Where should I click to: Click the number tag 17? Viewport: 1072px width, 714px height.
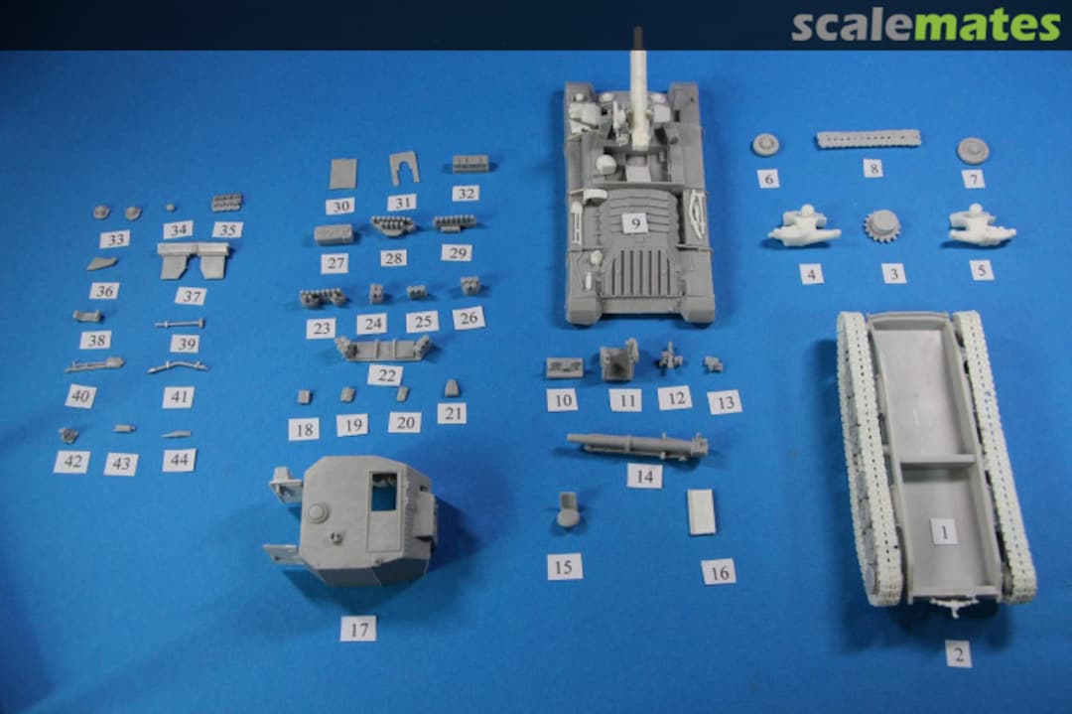[x=359, y=629]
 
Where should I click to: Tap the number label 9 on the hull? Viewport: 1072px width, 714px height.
[x=635, y=223]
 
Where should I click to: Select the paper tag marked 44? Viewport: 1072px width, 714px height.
[x=179, y=460]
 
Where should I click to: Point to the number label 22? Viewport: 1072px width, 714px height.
[x=386, y=375]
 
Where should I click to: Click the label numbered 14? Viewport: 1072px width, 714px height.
[x=645, y=476]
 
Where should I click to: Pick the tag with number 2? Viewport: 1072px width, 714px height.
[x=959, y=653]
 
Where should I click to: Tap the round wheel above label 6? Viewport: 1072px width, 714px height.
[x=767, y=145]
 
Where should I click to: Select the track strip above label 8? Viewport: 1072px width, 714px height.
[x=869, y=139]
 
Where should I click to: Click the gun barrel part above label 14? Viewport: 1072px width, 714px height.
[x=637, y=446]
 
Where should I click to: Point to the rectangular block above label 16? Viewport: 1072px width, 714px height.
[x=702, y=510]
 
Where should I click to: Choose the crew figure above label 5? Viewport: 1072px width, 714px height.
[x=981, y=224]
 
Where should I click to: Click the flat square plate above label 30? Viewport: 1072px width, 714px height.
[x=342, y=174]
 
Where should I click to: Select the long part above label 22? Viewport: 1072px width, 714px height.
[x=383, y=349]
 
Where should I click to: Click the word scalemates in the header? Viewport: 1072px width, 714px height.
[x=926, y=25]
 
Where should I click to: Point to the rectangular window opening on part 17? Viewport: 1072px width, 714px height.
[x=383, y=491]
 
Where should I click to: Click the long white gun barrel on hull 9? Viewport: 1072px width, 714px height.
[x=640, y=89]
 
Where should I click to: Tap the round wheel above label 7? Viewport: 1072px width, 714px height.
[x=973, y=150]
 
